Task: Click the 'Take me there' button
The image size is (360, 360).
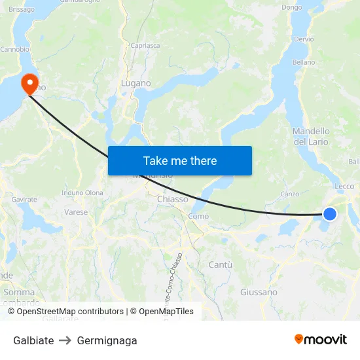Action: pyautogui.click(x=180, y=160)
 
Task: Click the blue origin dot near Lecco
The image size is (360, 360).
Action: pyautogui.click(x=330, y=214)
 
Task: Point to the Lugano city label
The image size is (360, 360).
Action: pyautogui.click(x=136, y=83)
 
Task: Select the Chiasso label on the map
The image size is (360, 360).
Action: pyautogui.click(x=173, y=199)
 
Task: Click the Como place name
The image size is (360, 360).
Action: pyautogui.click(x=198, y=216)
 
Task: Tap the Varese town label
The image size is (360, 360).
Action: pyautogui.click(x=76, y=212)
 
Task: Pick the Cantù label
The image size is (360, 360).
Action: pyautogui.click(x=220, y=264)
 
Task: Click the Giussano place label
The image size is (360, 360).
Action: pyautogui.click(x=259, y=292)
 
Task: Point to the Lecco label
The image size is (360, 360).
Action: pyautogui.click(x=344, y=187)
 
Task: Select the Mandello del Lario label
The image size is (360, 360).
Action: pyautogui.click(x=312, y=136)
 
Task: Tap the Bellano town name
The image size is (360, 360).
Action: pyautogui.click(x=304, y=62)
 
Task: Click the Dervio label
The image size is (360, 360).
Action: pyautogui.click(x=304, y=39)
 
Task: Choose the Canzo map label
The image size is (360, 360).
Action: pyautogui.click(x=289, y=194)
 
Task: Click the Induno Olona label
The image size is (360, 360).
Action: pyautogui.click(x=82, y=192)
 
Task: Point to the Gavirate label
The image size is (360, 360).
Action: pyautogui.click(x=24, y=198)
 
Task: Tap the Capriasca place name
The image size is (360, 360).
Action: pyautogui.click(x=145, y=46)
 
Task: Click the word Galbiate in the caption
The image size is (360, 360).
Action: pyautogui.click(x=33, y=340)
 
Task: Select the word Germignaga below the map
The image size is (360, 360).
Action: pyautogui.click(x=107, y=340)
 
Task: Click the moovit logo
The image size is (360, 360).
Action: pyautogui.click(x=321, y=339)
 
